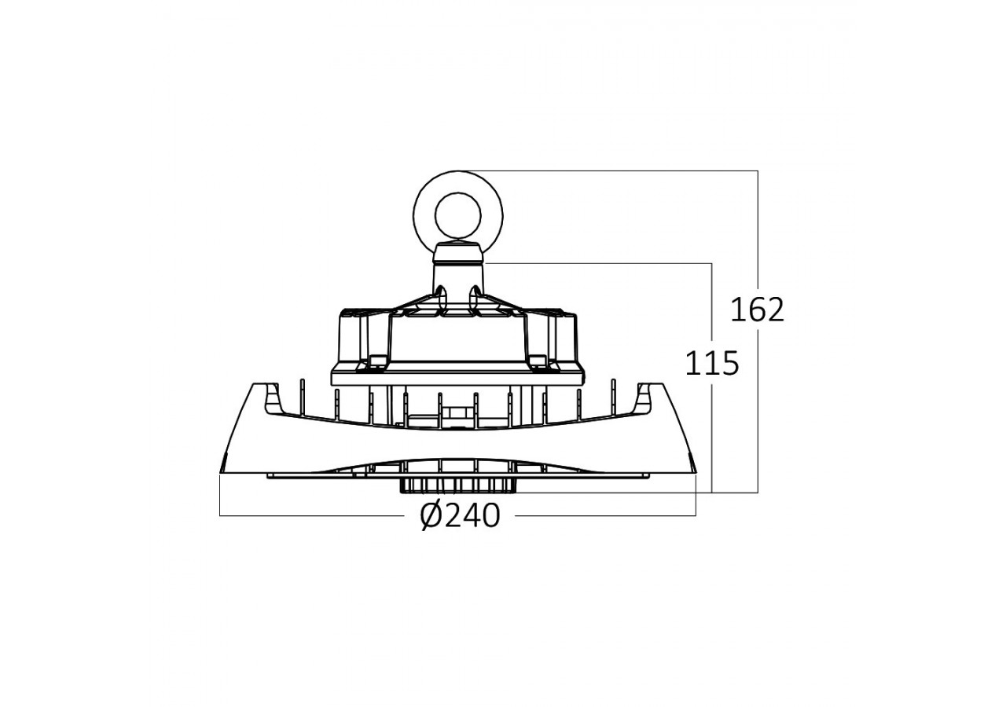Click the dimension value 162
point(757,310)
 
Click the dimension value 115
point(712,364)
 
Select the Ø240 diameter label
point(460,515)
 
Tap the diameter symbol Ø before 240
point(432,515)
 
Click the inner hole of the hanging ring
point(458,216)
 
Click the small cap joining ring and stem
point(458,252)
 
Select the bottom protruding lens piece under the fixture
point(458,485)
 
